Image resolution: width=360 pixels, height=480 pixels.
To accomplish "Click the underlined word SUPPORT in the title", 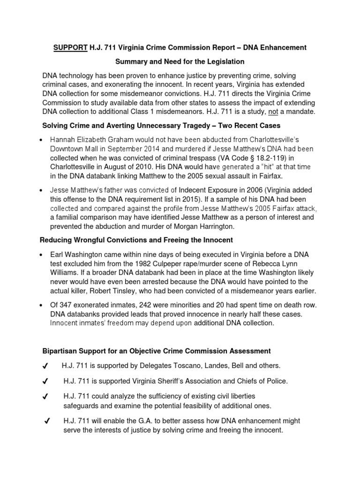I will click(x=68, y=48).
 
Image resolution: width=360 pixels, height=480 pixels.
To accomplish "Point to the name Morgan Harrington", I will click(x=196, y=226).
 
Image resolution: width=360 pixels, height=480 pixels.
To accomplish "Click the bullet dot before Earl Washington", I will click(x=43, y=255).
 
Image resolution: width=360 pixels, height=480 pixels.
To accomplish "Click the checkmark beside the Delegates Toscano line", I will click(x=46, y=366).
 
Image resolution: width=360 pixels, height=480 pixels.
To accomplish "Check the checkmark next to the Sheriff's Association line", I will click(x=46, y=381).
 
